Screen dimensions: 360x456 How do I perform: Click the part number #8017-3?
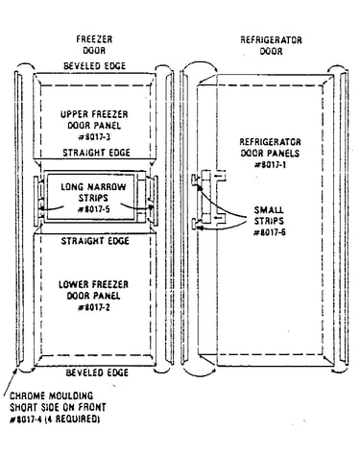click(x=94, y=137)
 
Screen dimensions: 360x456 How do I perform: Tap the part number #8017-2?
click(x=94, y=307)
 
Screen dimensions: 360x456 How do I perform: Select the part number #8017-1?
click(x=271, y=165)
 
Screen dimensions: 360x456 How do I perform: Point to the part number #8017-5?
click(x=94, y=209)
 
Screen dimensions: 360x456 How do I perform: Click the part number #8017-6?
click(x=270, y=232)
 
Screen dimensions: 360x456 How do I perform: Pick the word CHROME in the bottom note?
click(x=28, y=396)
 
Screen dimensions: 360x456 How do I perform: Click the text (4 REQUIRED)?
click(x=72, y=419)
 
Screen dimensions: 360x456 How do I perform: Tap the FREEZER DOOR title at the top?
click(x=94, y=45)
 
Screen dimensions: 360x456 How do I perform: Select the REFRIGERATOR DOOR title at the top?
click(x=271, y=45)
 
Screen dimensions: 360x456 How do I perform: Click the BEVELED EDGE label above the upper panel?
click(x=95, y=66)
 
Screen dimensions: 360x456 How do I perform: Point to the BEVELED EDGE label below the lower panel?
click(x=97, y=372)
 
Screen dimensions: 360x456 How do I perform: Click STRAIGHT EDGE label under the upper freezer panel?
click(x=96, y=153)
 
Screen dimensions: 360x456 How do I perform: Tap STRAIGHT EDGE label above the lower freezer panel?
click(x=95, y=241)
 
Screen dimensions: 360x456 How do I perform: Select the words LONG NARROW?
click(x=93, y=186)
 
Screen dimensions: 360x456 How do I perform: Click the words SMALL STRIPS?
click(x=269, y=215)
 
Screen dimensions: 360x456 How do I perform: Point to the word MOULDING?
click(x=70, y=396)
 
